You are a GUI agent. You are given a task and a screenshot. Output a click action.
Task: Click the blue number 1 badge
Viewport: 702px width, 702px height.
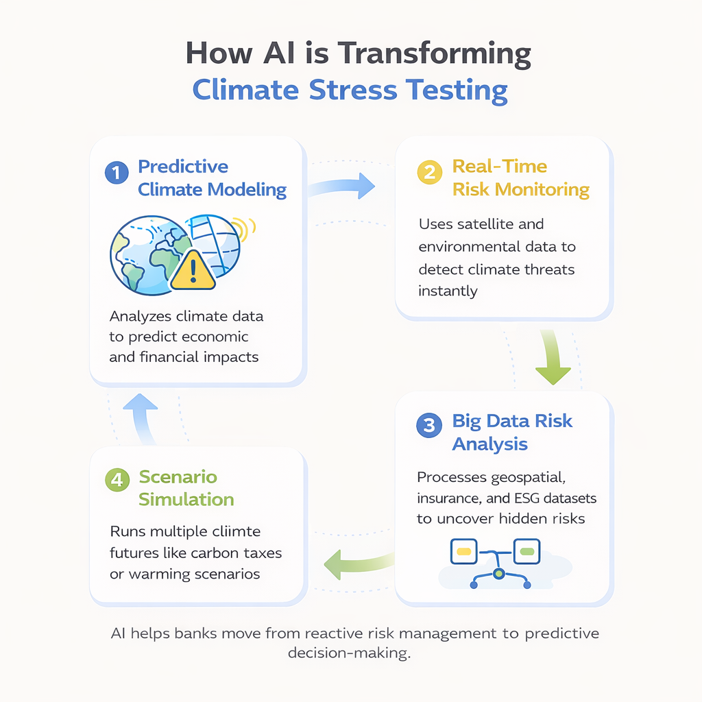[x=116, y=173]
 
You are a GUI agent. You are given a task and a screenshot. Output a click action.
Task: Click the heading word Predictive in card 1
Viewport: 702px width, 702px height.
[x=183, y=167]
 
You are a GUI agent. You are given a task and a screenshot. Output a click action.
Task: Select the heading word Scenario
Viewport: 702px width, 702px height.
[x=178, y=476]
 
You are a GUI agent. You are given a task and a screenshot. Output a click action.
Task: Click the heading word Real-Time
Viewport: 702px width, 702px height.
[x=500, y=167]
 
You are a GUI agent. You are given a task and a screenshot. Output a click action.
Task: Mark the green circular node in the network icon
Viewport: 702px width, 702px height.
[x=499, y=572]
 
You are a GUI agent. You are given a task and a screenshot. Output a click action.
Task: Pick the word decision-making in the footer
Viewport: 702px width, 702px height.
[x=349, y=653]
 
